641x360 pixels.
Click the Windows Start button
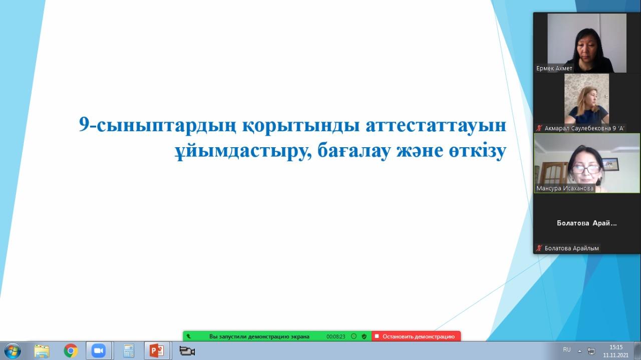13,351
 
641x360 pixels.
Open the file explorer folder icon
42,351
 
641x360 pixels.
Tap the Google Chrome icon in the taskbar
71,351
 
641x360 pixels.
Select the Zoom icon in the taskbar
99,351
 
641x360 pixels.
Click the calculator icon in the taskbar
129,351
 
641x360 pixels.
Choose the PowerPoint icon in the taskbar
157,351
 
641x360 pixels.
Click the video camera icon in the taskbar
187,351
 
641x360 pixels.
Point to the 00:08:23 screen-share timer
336,336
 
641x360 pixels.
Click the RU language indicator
566,349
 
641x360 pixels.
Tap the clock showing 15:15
616,347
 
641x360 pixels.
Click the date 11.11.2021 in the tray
616,355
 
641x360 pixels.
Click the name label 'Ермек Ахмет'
554,69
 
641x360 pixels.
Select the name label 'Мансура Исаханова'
564,188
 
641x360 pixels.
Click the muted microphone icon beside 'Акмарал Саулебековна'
539,128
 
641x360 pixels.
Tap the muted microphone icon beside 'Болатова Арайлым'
539,248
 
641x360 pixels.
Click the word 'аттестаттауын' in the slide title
436,125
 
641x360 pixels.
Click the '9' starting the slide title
84,124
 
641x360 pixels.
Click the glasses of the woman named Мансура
586,169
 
